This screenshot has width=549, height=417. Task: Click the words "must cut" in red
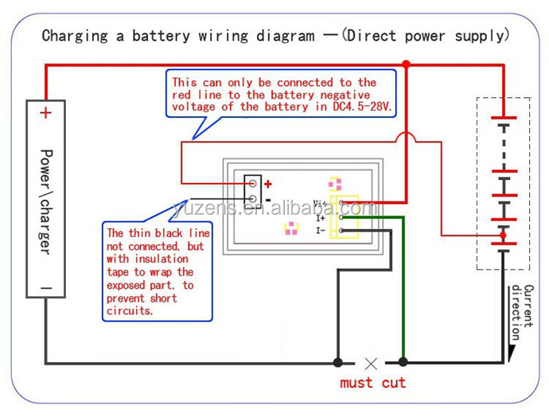372,383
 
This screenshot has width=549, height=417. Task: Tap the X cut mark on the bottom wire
370,363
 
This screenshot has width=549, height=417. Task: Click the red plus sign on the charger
45,112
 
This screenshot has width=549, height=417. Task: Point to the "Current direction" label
522,312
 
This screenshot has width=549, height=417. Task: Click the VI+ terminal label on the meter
321,205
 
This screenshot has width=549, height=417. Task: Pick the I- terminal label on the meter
320,231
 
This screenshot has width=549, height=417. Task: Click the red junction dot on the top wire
406,64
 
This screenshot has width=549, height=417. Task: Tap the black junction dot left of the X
338,363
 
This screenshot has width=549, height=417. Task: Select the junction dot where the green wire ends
403,363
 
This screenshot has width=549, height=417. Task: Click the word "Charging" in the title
72,36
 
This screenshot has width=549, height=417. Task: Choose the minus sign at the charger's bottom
45,288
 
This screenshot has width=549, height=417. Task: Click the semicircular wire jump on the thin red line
406,141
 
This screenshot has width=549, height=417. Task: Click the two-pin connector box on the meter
253,192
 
